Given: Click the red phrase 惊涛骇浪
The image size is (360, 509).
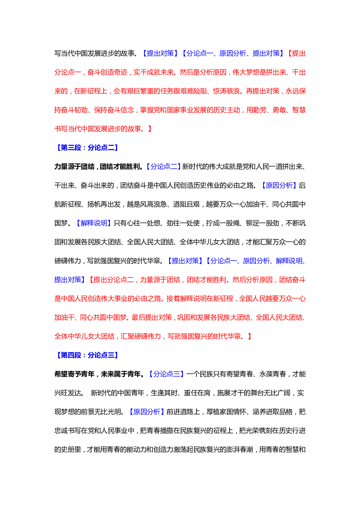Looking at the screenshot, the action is tap(226, 91).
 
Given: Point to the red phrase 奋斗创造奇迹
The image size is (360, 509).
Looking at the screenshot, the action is tap(107, 72).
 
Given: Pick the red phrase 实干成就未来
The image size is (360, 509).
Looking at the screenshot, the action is tap(154, 72).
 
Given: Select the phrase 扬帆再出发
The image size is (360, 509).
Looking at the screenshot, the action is tap(104, 204).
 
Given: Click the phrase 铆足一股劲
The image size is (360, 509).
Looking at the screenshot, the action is tap(262, 223).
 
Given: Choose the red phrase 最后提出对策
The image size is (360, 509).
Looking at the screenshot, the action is tap(152, 317).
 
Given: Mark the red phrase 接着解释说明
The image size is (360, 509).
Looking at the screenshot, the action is tap(187, 298).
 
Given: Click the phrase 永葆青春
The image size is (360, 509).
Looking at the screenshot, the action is tap(273, 374).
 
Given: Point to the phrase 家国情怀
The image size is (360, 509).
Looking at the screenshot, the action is tap(233, 411).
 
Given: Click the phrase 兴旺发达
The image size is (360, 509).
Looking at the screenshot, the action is tap(68, 393).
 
